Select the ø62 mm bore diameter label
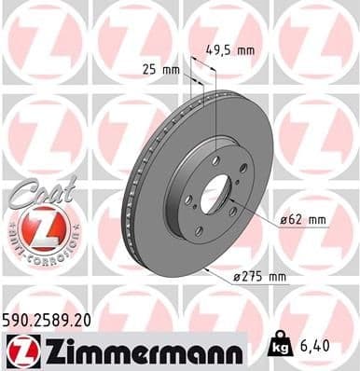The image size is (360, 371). pyautogui.click(x=303, y=221)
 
